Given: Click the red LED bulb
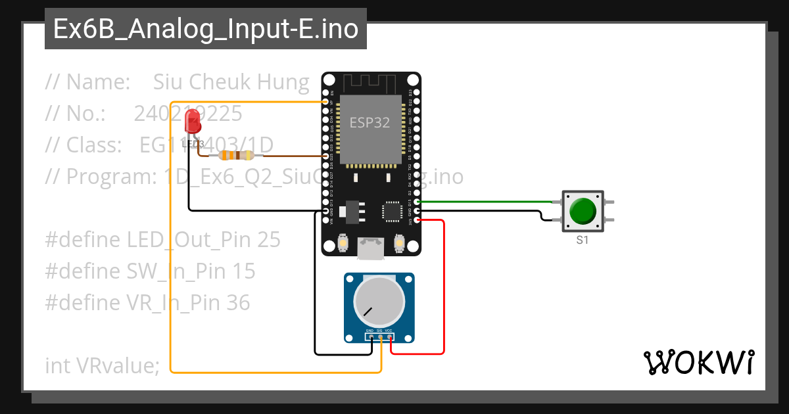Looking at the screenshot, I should coord(193,122).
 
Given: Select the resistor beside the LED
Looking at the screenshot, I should coord(236,156).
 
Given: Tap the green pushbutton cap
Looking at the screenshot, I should coord(583,212).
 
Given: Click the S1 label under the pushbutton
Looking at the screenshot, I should coord(583,241).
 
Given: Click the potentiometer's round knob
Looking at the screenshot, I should coord(379,302).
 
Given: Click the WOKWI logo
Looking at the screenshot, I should coord(698,363).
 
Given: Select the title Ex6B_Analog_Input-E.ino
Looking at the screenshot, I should coord(206,30).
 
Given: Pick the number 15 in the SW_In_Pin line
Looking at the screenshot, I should coord(243,271).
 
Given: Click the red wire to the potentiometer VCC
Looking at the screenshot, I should coord(444,289).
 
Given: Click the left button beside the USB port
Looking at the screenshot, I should coord(343,244).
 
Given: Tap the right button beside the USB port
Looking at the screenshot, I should coord(398,244).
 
